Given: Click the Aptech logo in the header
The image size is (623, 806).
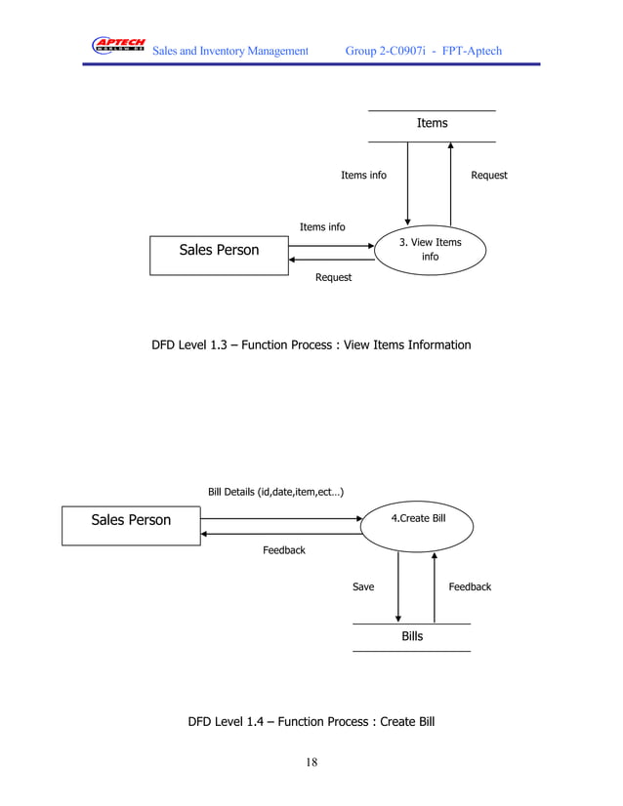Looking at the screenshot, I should (x=118, y=46).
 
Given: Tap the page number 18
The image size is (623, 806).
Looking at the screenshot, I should (x=311, y=762).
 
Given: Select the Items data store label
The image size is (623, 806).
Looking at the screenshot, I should (x=432, y=123).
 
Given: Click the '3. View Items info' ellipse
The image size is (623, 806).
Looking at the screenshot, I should (x=430, y=250).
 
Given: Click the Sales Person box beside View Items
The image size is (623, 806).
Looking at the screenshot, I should (x=219, y=252).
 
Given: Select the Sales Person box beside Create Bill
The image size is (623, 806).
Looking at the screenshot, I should (x=131, y=520).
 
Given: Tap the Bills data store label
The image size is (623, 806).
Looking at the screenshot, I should (x=412, y=636).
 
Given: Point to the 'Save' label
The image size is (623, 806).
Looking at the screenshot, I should (x=362, y=586).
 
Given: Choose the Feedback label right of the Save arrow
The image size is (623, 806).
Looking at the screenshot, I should (x=469, y=586).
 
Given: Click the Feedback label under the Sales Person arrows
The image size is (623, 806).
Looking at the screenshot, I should (x=283, y=550).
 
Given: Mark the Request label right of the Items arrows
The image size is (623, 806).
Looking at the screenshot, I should (x=488, y=176).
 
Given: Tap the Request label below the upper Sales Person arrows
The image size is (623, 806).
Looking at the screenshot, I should (x=333, y=278).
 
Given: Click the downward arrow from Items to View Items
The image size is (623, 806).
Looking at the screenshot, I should (x=407, y=185).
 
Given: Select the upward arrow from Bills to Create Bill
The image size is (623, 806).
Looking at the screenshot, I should (x=434, y=585).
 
